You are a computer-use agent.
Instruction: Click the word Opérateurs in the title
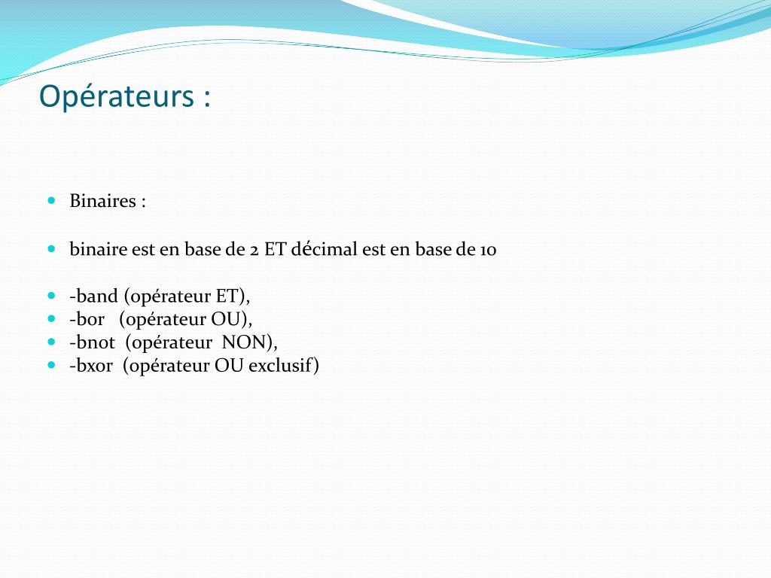coord(117,96)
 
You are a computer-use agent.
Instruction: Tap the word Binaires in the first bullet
coord(102,200)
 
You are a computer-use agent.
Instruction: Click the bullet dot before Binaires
coord(52,200)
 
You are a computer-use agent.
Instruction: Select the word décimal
coord(324,248)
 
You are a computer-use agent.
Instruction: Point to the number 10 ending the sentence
coord(488,250)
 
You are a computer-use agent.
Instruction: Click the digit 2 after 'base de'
coord(254,250)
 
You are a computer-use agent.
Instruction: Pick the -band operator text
coord(94,296)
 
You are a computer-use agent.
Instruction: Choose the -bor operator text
coord(87,319)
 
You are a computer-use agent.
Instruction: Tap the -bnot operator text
coord(93,342)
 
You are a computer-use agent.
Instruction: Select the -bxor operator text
coord(91,365)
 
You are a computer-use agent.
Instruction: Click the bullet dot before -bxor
coord(52,365)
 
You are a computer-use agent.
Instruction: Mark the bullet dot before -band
coord(52,295)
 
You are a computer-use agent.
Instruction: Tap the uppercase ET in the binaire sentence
coord(275,248)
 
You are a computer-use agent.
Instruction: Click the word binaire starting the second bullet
coord(99,248)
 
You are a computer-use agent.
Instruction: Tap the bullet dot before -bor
coord(52,318)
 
